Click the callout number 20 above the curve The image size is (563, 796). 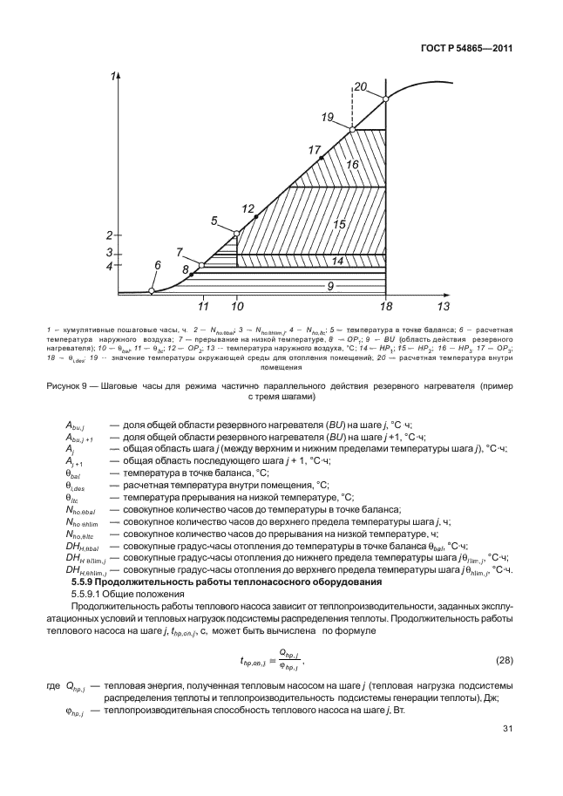click(x=360, y=85)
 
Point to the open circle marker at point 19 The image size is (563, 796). click(x=353, y=130)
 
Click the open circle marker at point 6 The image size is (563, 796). click(x=152, y=290)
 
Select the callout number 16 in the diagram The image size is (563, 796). click(x=352, y=164)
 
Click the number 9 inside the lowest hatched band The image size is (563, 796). click(x=330, y=285)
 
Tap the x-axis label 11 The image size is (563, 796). click(x=203, y=307)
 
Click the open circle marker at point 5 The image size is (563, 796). click(x=236, y=232)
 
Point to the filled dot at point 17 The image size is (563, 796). click(x=322, y=157)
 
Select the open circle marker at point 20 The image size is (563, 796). click(x=386, y=99)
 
